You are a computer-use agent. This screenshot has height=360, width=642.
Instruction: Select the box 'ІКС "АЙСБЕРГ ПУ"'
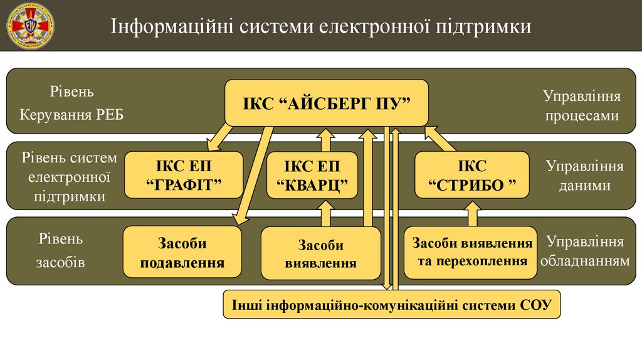point(326,103)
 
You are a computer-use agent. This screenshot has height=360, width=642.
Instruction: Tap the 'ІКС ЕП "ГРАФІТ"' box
point(184,176)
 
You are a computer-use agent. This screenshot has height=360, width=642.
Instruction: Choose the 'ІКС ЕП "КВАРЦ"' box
point(312,176)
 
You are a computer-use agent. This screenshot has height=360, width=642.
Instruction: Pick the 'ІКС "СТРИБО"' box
point(471,176)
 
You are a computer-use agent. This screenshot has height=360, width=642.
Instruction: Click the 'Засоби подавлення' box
point(182,252)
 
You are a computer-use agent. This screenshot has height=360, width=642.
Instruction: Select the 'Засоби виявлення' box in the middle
point(320,253)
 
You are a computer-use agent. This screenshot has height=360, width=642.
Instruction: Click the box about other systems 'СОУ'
point(391,305)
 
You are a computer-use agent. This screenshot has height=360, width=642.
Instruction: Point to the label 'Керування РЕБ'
point(72,115)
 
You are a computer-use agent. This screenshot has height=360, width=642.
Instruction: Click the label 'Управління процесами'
point(581,106)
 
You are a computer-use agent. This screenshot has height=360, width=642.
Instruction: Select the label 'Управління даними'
point(584,176)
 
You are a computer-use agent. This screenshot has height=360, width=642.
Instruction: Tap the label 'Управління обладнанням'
point(584,251)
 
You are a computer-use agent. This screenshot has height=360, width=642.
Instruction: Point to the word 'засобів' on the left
point(60,262)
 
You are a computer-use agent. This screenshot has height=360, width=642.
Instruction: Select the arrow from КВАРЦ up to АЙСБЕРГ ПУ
point(325,139)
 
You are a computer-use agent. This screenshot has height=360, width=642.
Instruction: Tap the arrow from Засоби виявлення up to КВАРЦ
point(325,213)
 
